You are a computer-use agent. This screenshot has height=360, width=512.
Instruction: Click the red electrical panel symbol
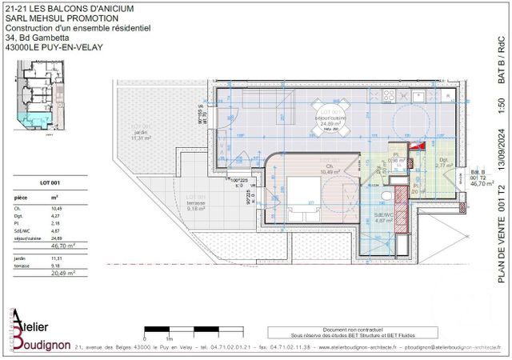click(414, 145)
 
